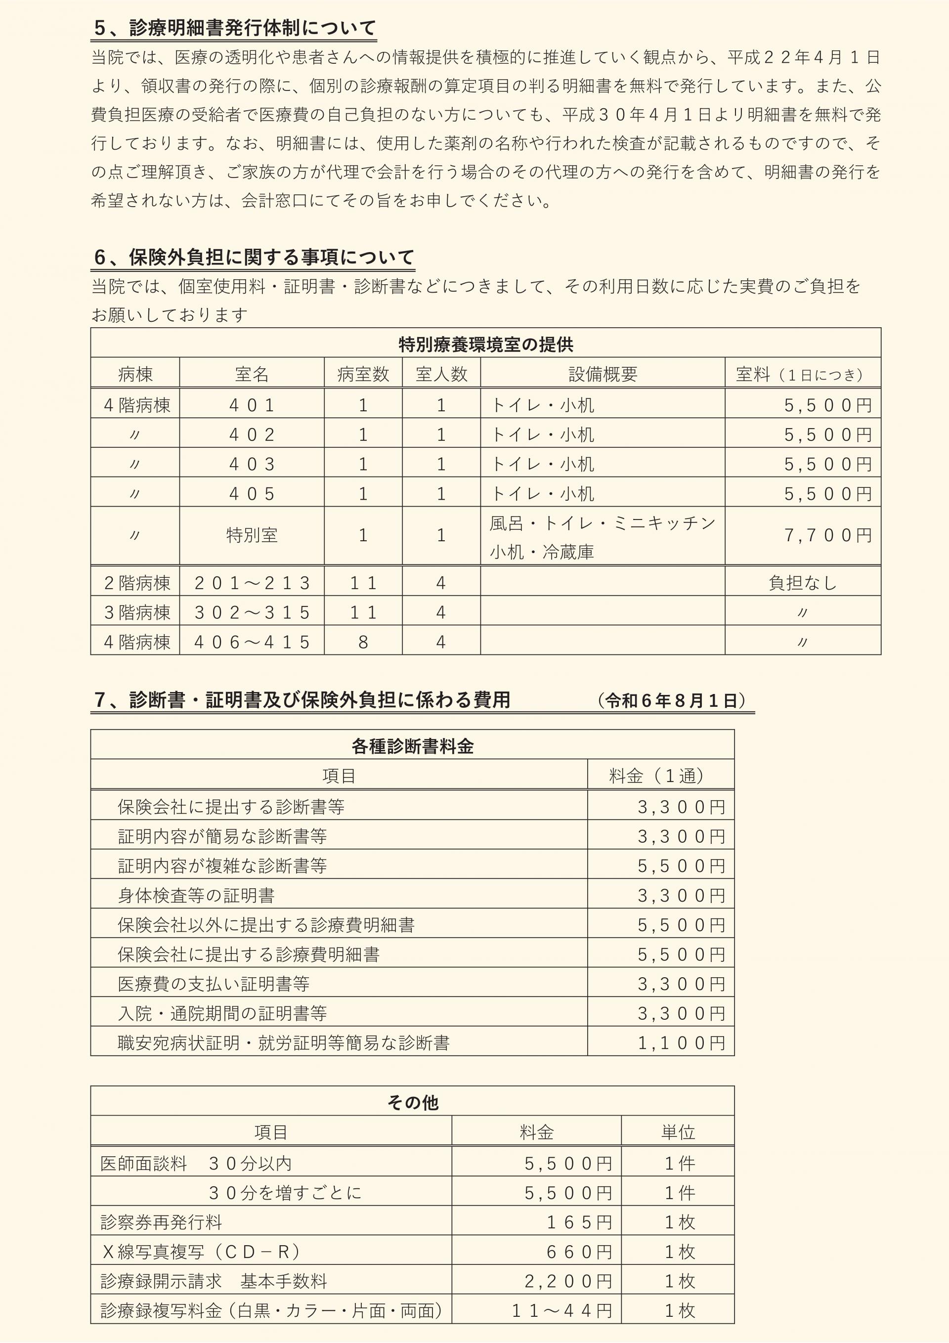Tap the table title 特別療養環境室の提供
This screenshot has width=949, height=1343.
tap(485, 345)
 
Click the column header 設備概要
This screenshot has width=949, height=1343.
tap(603, 374)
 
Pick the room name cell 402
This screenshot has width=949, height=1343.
tap(252, 434)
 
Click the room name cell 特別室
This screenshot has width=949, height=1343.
tap(252, 535)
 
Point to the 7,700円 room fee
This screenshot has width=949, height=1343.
tap(828, 535)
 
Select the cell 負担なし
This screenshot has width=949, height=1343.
tap(803, 583)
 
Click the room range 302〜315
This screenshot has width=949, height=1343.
tap(252, 612)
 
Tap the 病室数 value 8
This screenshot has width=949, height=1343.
tap(363, 642)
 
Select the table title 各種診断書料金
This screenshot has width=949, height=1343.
tap(413, 746)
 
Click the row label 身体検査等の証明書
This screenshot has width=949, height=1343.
tap(196, 896)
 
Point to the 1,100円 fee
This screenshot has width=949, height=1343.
tap(681, 1043)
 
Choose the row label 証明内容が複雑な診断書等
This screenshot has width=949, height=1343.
tap(222, 866)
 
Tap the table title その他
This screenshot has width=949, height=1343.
tap(413, 1103)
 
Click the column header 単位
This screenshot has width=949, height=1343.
tap(678, 1132)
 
